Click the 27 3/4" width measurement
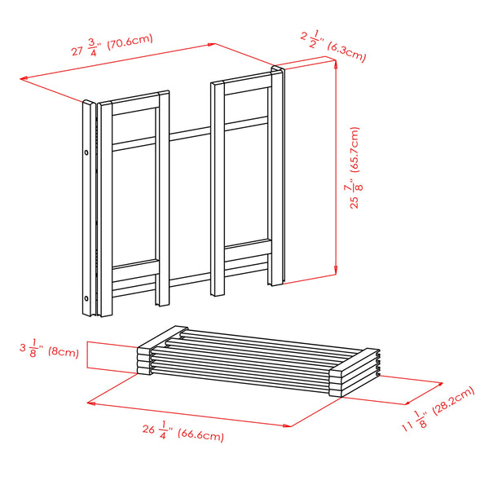point(84,50)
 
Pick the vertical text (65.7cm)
point(355,148)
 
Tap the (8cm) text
point(62,352)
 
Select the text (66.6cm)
point(200,436)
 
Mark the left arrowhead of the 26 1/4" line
point(90,401)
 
